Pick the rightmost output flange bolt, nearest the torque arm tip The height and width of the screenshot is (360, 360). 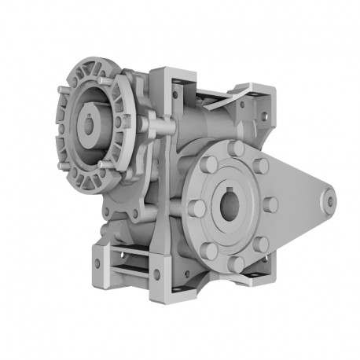(x=270, y=204)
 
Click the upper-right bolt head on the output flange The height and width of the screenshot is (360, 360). (x=261, y=166)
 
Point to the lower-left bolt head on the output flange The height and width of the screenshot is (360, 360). (x=210, y=251)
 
